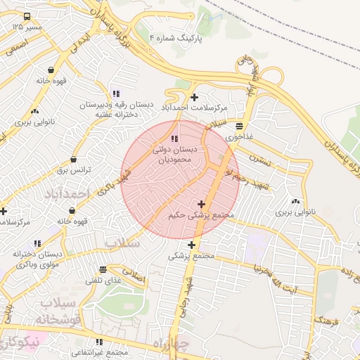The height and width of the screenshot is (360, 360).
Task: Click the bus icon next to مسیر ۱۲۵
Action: click(27, 16)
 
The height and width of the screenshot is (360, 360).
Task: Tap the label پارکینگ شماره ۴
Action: click(176, 37)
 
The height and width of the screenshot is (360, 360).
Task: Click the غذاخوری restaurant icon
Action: click(240, 126)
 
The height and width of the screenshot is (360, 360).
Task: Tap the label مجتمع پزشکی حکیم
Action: click(200, 216)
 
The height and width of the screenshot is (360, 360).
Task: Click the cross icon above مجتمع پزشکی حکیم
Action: click(201, 204)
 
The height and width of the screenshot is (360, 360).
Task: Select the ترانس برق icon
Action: click(73, 160)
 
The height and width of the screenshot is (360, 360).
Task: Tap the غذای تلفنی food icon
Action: click(103, 269)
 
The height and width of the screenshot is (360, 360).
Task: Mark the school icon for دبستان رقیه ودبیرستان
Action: click(116, 94)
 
